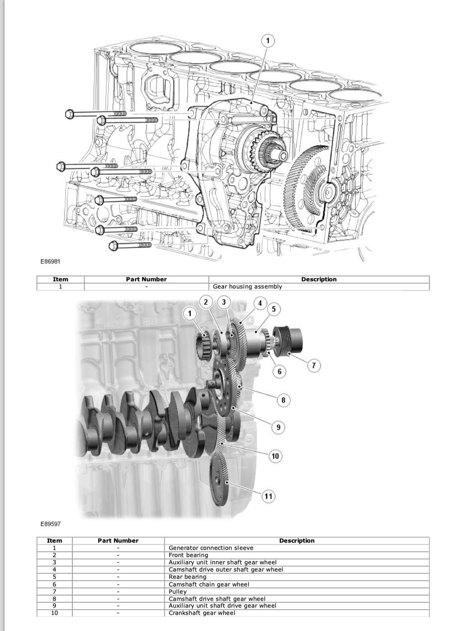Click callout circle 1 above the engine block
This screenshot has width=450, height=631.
[268, 41]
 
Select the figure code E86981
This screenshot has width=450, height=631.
[51, 261]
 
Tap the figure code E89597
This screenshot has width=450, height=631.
[51, 524]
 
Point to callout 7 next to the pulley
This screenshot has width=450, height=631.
[313, 365]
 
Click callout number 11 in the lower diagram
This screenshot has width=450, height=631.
[268, 496]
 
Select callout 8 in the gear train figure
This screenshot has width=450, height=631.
[283, 400]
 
